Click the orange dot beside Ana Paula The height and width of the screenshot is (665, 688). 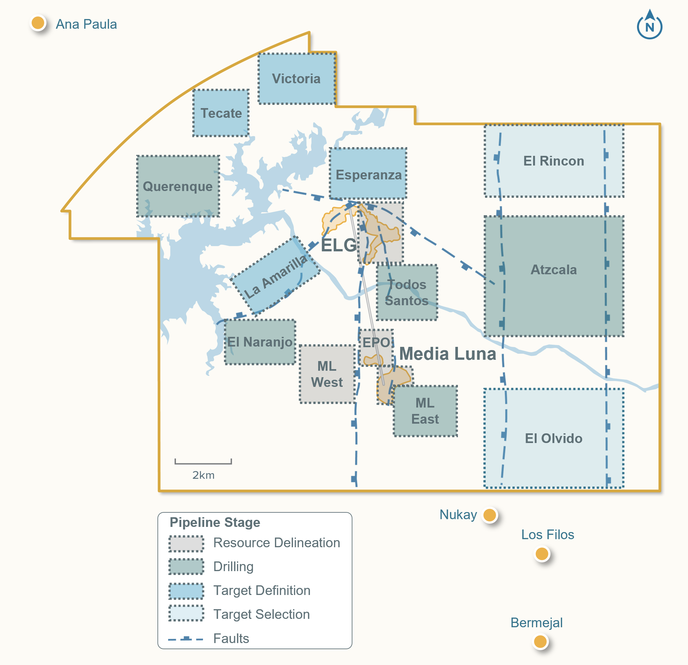point(38,23)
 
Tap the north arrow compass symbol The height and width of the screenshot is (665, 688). point(649,25)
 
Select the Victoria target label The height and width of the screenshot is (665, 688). point(296,79)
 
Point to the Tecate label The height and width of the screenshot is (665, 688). point(221,113)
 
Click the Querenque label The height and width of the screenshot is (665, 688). point(177,186)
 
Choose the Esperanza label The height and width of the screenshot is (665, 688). point(369,175)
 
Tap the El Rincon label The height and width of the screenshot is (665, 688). point(553,161)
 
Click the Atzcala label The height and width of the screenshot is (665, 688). point(553,269)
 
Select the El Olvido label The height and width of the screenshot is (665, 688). point(553,438)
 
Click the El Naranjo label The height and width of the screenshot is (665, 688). point(260,342)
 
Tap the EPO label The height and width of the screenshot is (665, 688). point(376,342)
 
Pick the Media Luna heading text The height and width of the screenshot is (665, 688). point(448,354)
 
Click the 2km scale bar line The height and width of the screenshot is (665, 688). point(203,463)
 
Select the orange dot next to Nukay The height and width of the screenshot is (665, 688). point(490,515)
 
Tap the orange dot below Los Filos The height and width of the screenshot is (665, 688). point(541,554)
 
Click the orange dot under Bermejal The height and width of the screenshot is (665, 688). point(540,641)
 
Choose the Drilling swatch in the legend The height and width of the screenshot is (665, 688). point(186,566)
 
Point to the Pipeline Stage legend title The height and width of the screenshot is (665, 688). point(215,522)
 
